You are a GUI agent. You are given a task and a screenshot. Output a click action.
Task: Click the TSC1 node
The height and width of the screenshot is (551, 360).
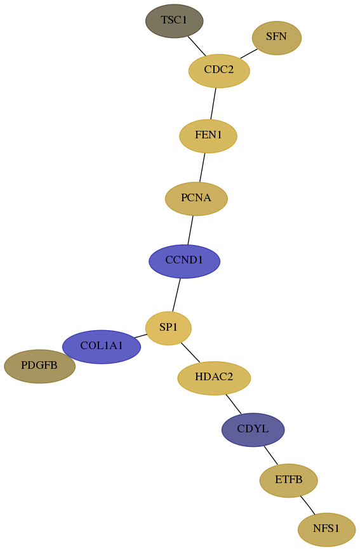(175, 21)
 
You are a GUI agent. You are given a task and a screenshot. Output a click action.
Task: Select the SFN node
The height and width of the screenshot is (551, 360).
(277, 38)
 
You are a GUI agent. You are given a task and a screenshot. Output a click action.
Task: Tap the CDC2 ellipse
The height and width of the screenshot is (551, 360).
(219, 70)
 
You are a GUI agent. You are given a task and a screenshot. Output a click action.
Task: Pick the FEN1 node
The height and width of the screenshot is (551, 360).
(208, 136)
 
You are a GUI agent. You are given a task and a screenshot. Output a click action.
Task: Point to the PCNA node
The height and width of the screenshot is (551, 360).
(197, 199)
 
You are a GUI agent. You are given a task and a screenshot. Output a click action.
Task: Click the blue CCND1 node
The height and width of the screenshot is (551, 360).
(185, 261)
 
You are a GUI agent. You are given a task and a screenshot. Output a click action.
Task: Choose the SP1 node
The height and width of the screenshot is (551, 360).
(168, 328)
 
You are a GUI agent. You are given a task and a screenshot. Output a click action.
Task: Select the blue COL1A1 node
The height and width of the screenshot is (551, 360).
(102, 347)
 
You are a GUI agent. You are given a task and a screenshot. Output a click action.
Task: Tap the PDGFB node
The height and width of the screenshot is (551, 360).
(40, 366)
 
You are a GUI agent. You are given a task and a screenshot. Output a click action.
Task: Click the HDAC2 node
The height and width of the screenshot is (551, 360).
(214, 378)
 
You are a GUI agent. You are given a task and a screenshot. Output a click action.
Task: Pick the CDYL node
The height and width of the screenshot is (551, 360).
(253, 430)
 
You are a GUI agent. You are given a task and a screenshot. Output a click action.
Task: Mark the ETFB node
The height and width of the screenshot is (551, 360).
(289, 481)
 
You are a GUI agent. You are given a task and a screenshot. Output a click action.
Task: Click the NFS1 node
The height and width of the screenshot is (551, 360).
(326, 529)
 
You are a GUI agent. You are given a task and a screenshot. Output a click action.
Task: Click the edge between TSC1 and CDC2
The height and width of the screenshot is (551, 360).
(197, 46)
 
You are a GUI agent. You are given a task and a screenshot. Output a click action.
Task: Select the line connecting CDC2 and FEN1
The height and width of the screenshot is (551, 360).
(213, 103)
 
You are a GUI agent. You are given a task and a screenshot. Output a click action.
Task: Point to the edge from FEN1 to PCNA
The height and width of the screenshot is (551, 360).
(202, 168)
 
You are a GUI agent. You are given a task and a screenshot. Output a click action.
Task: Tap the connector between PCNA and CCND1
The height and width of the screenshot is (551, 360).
(190, 230)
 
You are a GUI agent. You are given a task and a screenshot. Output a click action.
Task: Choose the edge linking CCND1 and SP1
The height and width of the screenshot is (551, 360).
(176, 295)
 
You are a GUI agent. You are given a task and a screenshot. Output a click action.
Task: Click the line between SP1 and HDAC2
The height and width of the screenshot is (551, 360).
(190, 352)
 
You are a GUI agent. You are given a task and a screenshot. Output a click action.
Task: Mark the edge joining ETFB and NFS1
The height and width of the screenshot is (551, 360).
(307, 505)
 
